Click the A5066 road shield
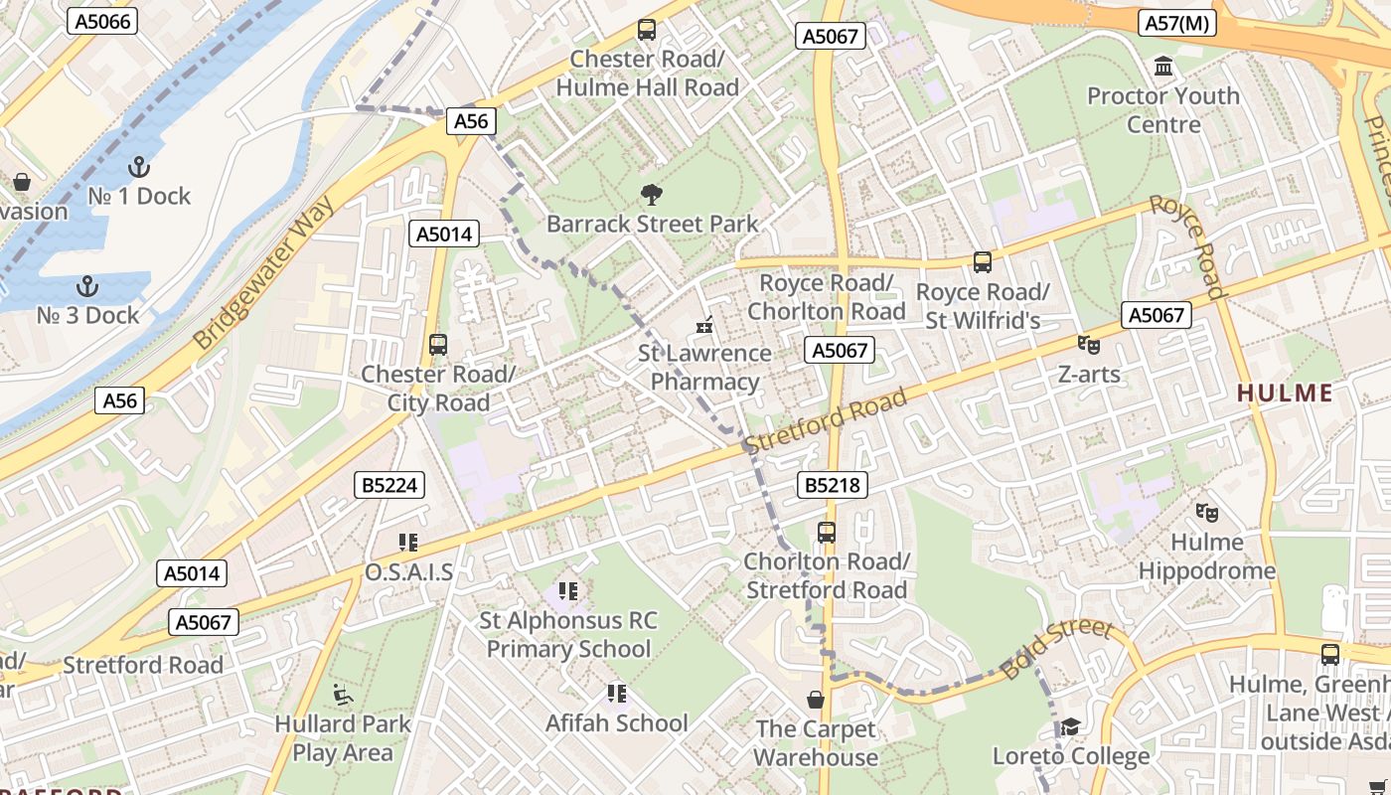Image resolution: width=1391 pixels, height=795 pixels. pos(102,21)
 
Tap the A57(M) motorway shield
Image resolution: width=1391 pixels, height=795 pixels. pos(1176,23)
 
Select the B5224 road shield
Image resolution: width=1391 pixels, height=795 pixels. pos(389,485)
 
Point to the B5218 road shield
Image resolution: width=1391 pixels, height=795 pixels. pos(833,485)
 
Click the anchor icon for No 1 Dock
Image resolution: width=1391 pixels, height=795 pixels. pos(138,166)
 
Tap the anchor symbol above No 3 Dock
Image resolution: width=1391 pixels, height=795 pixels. pos(87,286)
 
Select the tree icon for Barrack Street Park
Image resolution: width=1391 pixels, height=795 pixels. pos(652,194)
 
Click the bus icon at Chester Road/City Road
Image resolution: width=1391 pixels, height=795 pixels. pos(438,345)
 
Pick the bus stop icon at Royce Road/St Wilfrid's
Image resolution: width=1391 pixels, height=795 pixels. pos(982,262)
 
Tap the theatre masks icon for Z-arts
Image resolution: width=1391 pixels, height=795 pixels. pos(1089,345)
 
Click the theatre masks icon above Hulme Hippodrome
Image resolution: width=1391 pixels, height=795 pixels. pos(1207,512)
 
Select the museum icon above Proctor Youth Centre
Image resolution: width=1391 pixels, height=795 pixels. pos(1162,67)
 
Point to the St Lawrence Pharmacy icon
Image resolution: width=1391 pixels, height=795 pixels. pos(704,324)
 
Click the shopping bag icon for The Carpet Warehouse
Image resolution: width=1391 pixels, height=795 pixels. pos(816,700)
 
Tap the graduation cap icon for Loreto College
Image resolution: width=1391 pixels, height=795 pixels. pos(1070,727)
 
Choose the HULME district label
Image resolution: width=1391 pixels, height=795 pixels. pos(1285,393)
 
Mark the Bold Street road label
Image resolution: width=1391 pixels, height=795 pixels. pos(1056,649)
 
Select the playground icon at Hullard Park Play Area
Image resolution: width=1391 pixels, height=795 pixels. pos(343,694)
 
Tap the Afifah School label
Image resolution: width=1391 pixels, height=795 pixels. pos(616,722)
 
